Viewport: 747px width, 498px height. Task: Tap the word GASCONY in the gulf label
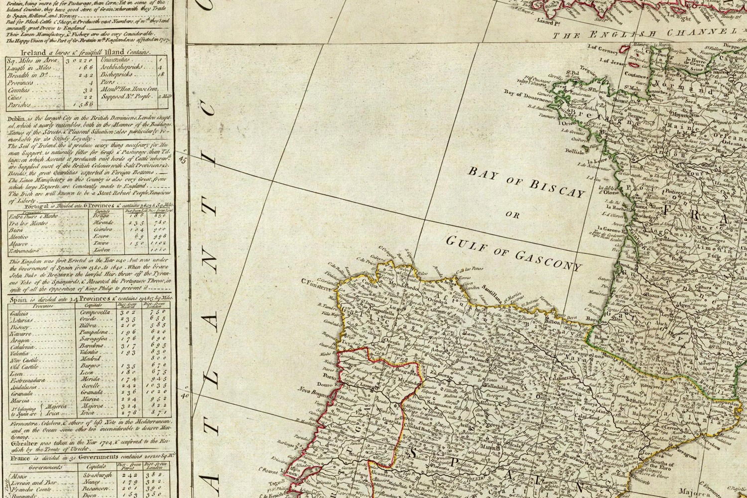[548, 258]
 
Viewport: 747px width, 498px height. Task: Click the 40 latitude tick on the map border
[184, 396]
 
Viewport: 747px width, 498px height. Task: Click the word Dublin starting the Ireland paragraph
[17, 116]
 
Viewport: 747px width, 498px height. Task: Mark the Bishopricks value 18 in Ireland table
[160, 74]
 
